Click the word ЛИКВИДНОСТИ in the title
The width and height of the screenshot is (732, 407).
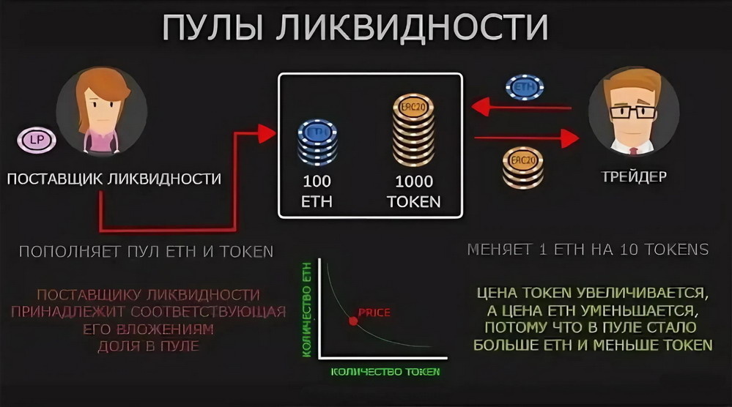412,29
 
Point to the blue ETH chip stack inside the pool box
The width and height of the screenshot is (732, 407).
317,143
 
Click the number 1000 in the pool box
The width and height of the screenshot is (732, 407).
414,182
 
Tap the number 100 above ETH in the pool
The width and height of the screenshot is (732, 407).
317,182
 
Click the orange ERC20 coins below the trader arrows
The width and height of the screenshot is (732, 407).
523,168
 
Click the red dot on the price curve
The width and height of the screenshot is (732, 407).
352,320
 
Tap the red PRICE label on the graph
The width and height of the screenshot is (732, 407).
374,313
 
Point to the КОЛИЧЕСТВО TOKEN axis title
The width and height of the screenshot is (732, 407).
385,372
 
